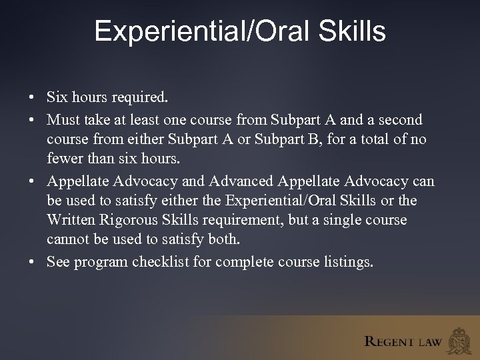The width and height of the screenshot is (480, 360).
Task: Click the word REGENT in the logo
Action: pyautogui.click(x=389, y=342)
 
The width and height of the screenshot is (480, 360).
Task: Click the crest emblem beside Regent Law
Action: pyautogui.click(x=460, y=340)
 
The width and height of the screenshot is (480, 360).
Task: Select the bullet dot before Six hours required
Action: pyautogui.click(x=32, y=98)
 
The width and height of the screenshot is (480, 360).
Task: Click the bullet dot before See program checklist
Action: pyautogui.click(x=32, y=262)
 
